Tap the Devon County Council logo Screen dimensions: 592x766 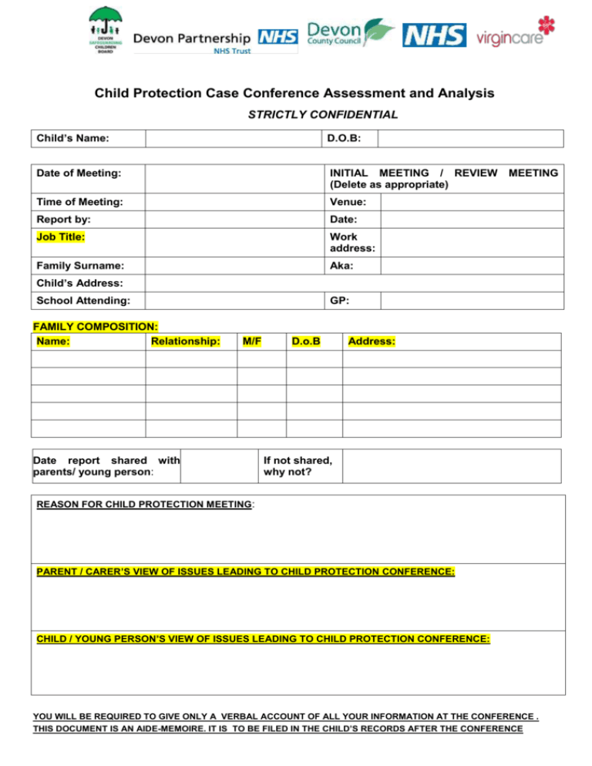click(351, 34)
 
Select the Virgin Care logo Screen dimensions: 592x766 click(516, 33)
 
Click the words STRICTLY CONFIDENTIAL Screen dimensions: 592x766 click(323, 114)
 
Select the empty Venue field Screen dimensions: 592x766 click(470, 202)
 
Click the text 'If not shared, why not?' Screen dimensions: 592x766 click(298, 466)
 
